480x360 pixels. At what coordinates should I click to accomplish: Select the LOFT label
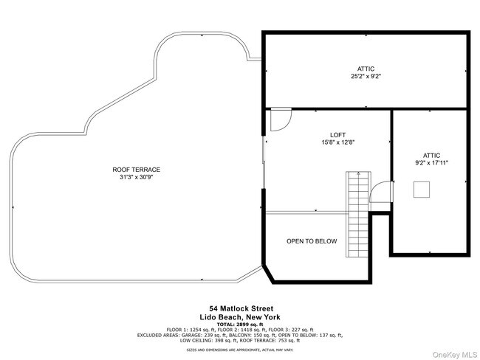tap(337, 134)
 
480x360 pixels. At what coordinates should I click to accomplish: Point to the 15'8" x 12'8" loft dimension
tap(337, 142)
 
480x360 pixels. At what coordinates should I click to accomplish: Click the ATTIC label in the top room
tap(366, 68)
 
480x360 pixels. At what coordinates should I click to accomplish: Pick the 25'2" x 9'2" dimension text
tap(366, 76)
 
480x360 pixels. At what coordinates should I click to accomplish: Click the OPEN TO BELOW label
tap(312, 241)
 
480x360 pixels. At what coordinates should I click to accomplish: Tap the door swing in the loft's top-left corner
tap(280, 120)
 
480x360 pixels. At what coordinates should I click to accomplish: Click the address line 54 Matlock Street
tap(241, 308)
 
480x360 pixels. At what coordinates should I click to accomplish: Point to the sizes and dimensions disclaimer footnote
tap(241, 349)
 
